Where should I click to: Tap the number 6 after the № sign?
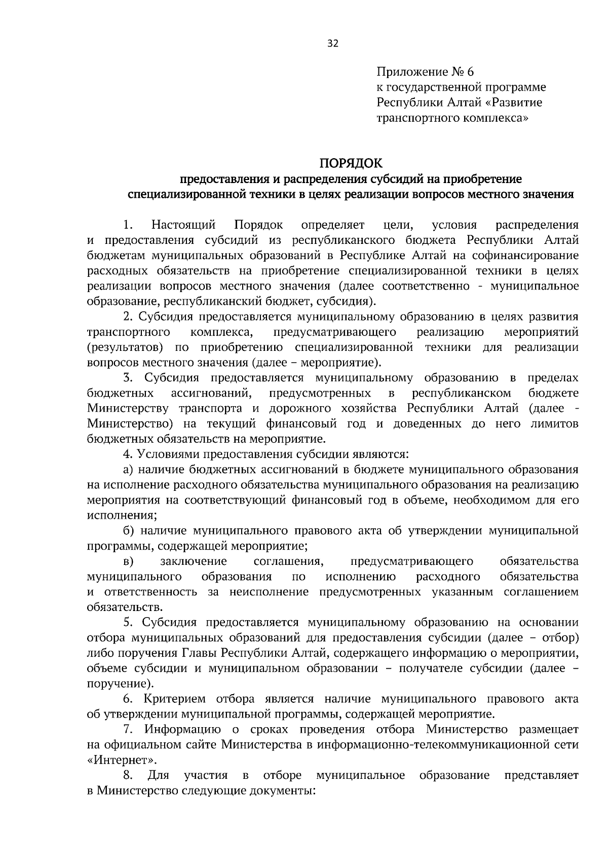tap(470, 71)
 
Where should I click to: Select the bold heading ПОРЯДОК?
tap(350, 163)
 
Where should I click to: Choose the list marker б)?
tap(129, 531)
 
